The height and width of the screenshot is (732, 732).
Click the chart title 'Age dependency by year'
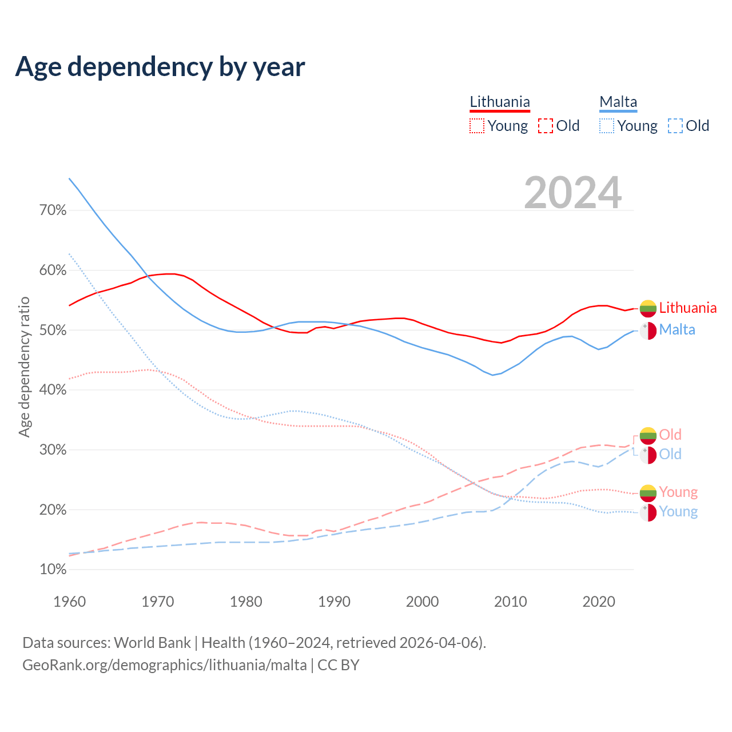pyautogui.click(x=160, y=67)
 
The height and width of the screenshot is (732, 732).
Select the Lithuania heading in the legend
pyautogui.click(x=500, y=102)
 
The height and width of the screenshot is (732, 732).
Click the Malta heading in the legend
pyautogui.click(x=618, y=102)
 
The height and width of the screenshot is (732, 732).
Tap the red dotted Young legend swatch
pyautogui.click(x=476, y=126)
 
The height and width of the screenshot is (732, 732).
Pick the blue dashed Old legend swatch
pyautogui.click(x=675, y=126)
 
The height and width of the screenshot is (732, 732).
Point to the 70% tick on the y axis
pyautogui.click(x=53, y=210)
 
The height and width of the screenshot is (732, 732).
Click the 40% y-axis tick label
pyautogui.click(x=53, y=390)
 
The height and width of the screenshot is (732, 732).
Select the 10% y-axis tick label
pyautogui.click(x=53, y=570)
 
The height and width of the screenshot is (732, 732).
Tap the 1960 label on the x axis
pyautogui.click(x=69, y=602)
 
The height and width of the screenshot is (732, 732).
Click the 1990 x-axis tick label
pyautogui.click(x=334, y=602)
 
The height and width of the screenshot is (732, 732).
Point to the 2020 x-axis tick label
pyautogui.click(x=599, y=602)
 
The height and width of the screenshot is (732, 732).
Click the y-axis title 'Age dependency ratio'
pyautogui.click(x=24, y=367)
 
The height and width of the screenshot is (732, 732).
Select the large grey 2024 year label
pyautogui.click(x=572, y=193)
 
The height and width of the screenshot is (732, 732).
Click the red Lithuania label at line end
pyautogui.click(x=687, y=308)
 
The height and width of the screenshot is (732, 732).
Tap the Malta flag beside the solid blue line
pyautogui.click(x=648, y=331)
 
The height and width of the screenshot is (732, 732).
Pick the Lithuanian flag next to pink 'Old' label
pyautogui.click(x=648, y=436)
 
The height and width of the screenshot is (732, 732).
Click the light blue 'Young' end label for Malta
pyautogui.click(x=678, y=511)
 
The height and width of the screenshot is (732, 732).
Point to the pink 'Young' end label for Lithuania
pyautogui.click(x=678, y=492)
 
